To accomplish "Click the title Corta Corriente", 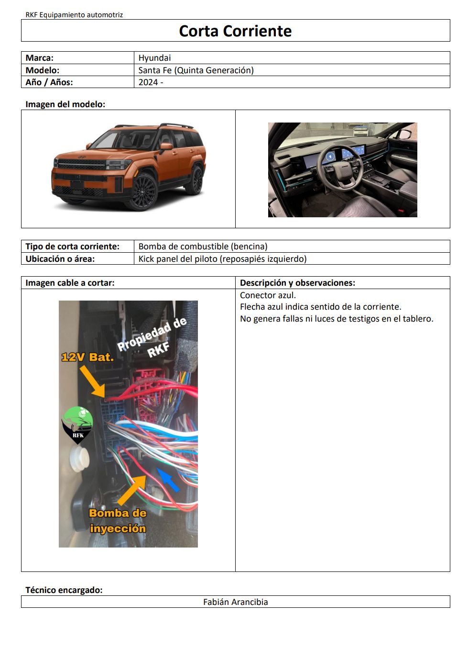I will point(235,31).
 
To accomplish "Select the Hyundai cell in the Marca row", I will point(155,58).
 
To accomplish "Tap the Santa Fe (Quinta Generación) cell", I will point(196,70).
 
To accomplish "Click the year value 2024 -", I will point(151,82).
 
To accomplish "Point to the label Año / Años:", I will point(49,82).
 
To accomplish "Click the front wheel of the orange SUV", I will point(142,192).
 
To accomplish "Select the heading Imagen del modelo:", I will point(65,104).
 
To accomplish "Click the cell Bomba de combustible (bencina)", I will point(203,246).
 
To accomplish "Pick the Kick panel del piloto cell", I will point(222,259).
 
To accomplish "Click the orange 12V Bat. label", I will point(87,357).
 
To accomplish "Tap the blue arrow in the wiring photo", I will point(168,480).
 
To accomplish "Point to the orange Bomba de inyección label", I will point(118,521).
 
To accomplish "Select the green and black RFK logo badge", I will point(78,423).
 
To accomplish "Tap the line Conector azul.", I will point(268,295).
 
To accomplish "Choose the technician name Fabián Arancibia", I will point(235,602).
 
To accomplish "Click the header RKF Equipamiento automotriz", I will point(74,15).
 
